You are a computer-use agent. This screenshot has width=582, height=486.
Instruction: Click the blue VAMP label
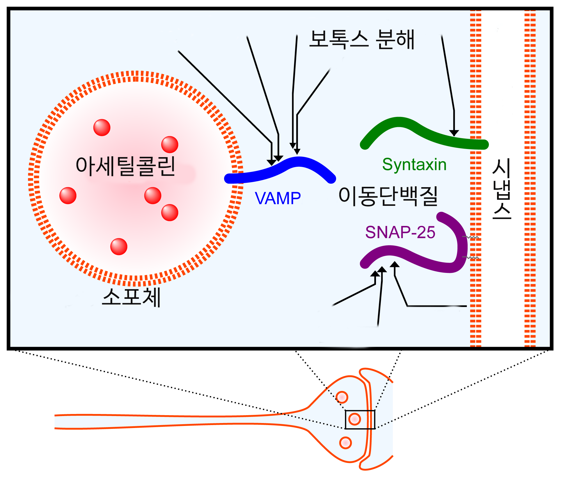click(278, 199)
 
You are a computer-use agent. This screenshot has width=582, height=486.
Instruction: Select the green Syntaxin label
click(414, 165)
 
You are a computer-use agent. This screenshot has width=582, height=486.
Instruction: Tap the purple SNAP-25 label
click(400, 232)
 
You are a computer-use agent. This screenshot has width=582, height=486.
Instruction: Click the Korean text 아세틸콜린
click(125, 166)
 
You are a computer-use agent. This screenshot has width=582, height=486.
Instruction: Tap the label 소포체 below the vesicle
click(131, 297)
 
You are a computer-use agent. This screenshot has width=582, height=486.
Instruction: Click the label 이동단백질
click(388, 196)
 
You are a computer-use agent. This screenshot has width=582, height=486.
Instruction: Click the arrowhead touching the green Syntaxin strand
click(454, 133)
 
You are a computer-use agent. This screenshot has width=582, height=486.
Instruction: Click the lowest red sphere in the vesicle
click(119, 247)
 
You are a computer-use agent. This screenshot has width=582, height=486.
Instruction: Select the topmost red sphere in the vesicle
click(102, 128)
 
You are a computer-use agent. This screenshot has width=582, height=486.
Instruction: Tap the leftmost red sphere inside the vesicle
click(68, 196)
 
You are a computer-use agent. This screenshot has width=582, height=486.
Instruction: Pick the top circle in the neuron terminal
click(342, 397)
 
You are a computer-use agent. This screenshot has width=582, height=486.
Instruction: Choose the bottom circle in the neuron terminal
click(345, 443)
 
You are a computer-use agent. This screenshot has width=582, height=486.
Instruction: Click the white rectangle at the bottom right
click(494, 446)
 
